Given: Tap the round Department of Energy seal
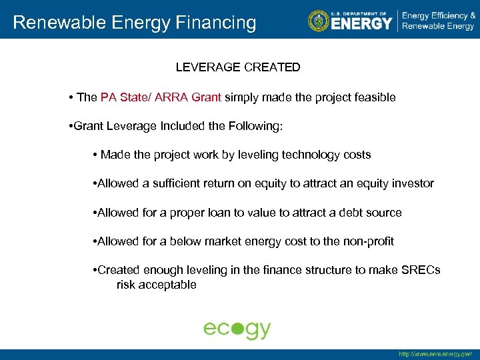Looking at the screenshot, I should (x=319, y=21).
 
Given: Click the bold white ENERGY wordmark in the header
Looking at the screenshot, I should (x=361, y=23).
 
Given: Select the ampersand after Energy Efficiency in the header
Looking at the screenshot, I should (x=472, y=15).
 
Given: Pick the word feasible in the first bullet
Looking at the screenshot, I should (x=374, y=97).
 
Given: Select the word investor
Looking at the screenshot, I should (x=413, y=183).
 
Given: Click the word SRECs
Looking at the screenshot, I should (x=423, y=270).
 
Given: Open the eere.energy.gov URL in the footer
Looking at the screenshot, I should (x=435, y=355).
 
